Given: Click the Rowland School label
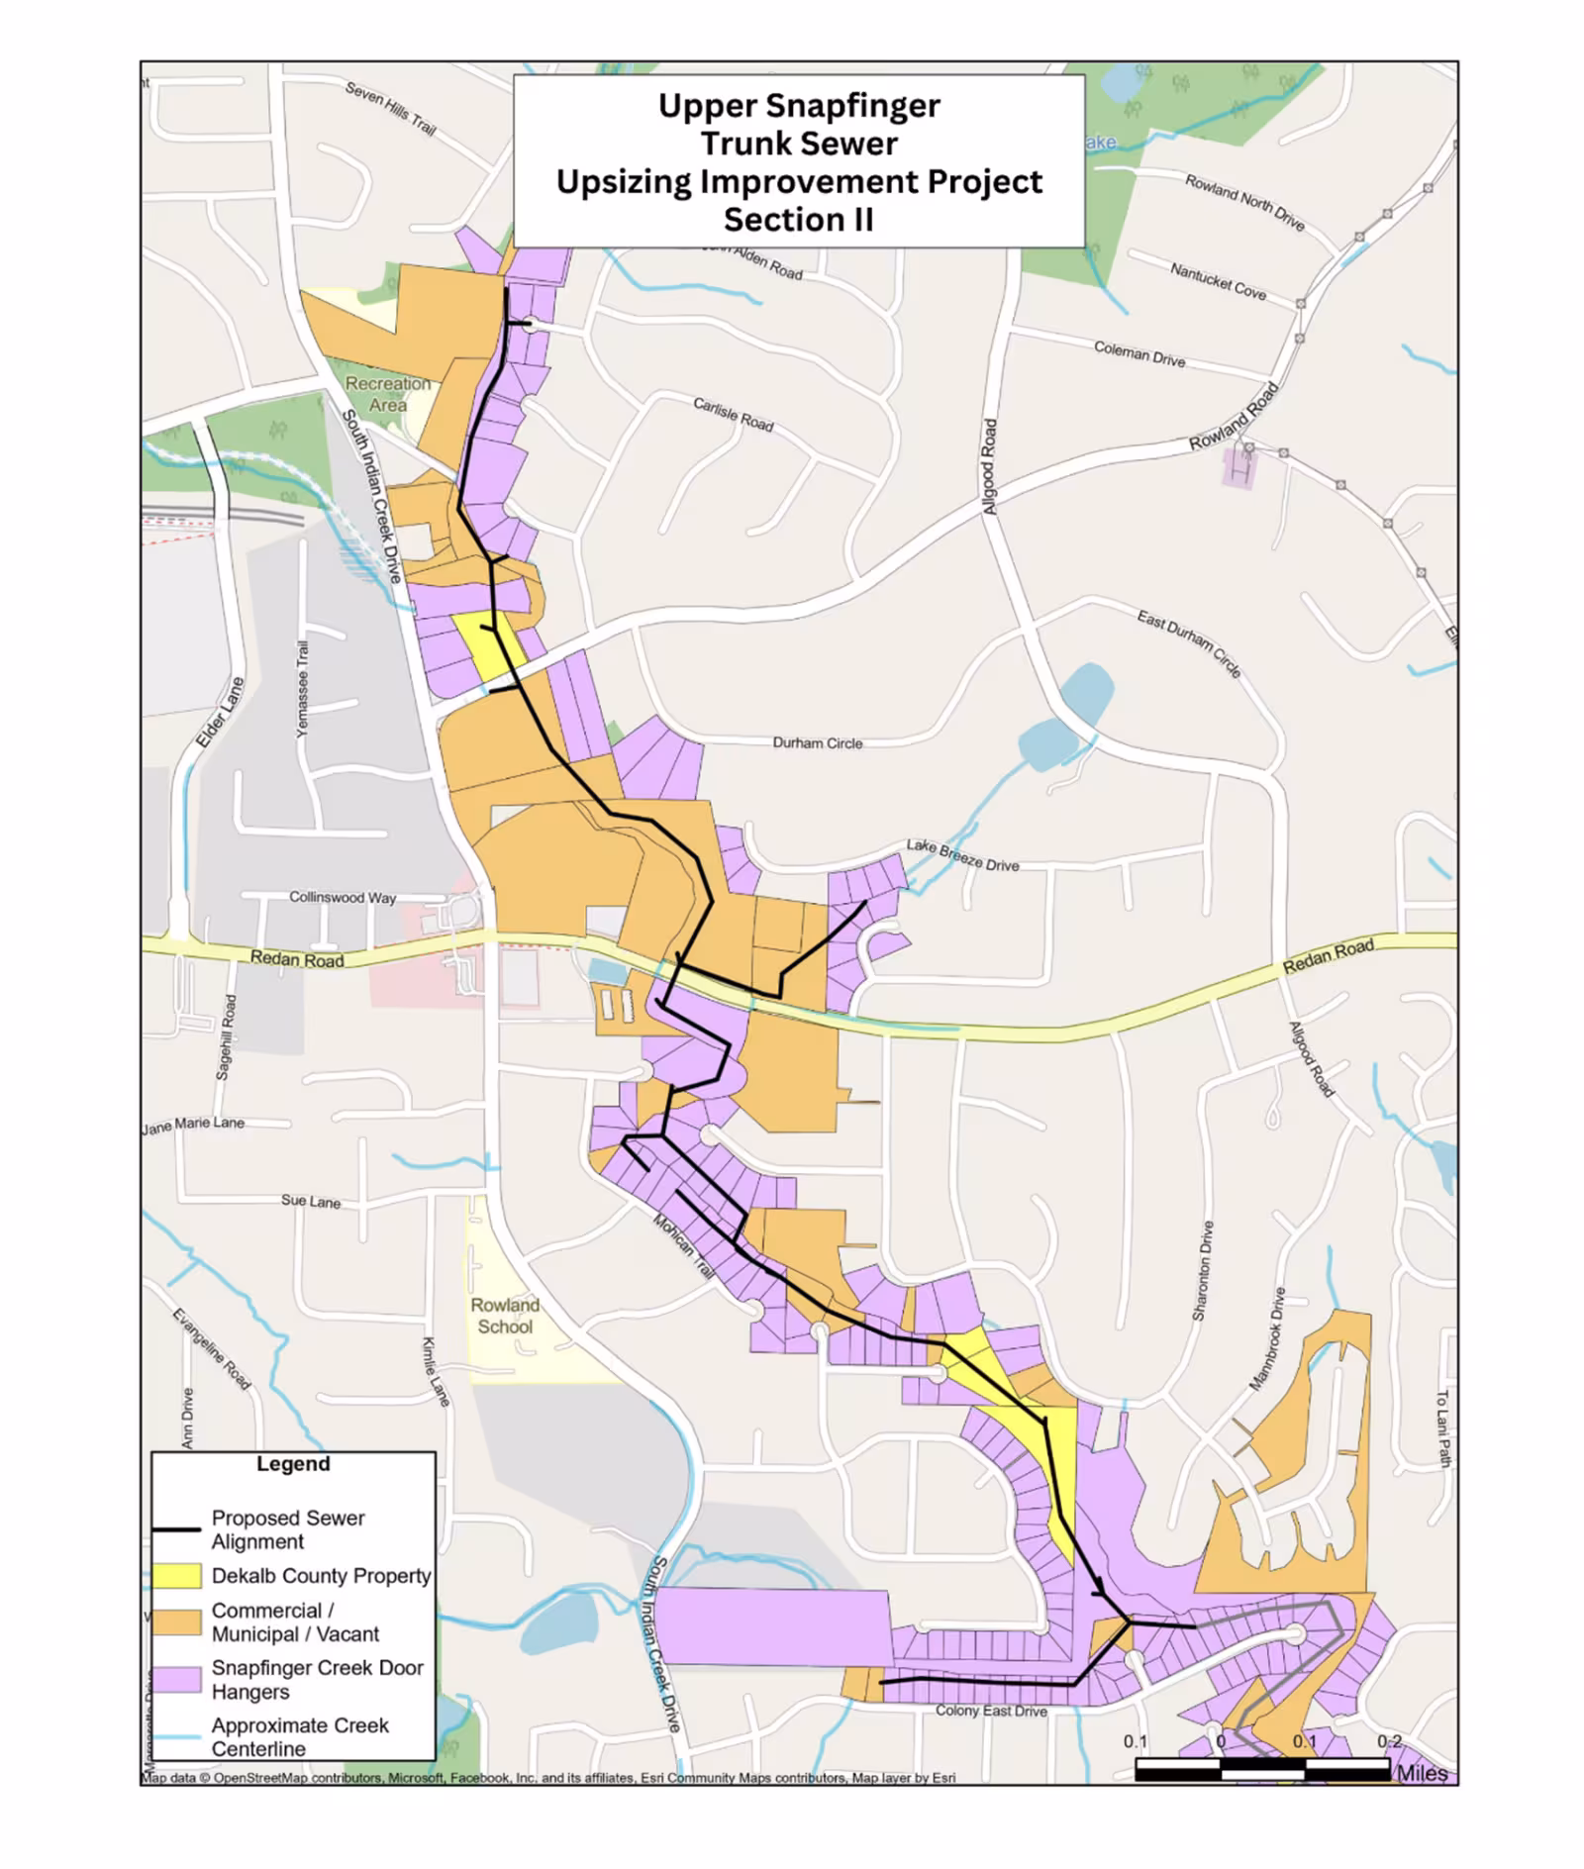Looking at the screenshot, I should click(505, 1316).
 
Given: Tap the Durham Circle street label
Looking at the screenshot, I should click(817, 742).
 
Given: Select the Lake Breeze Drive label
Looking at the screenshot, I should click(962, 856).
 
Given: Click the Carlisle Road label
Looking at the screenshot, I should click(733, 415).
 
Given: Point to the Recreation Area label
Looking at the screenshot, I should click(388, 394).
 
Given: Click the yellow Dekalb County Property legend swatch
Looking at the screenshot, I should click(178, 1576).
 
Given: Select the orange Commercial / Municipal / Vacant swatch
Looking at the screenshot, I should click(178, 1622).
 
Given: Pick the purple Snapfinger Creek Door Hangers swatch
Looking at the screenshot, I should click(178, 1680).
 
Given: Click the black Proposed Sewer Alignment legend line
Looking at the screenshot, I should click(176, 1529).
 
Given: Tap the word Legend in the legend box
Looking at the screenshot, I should click(293, 1464).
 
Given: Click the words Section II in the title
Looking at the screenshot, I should click(798, 220).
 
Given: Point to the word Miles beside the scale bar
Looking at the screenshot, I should click(1422, 1773).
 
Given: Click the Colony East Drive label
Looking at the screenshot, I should click(991, 1711).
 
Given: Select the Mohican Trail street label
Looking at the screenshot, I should click(683, 1246).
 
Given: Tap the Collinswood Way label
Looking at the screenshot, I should click(343, 897).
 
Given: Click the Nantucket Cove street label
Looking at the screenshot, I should click(1218, 281).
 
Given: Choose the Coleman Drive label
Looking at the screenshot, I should click(1138, 353).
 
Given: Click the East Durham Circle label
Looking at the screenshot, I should click(1188, 643).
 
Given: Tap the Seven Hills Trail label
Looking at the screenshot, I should click(390, 108).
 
